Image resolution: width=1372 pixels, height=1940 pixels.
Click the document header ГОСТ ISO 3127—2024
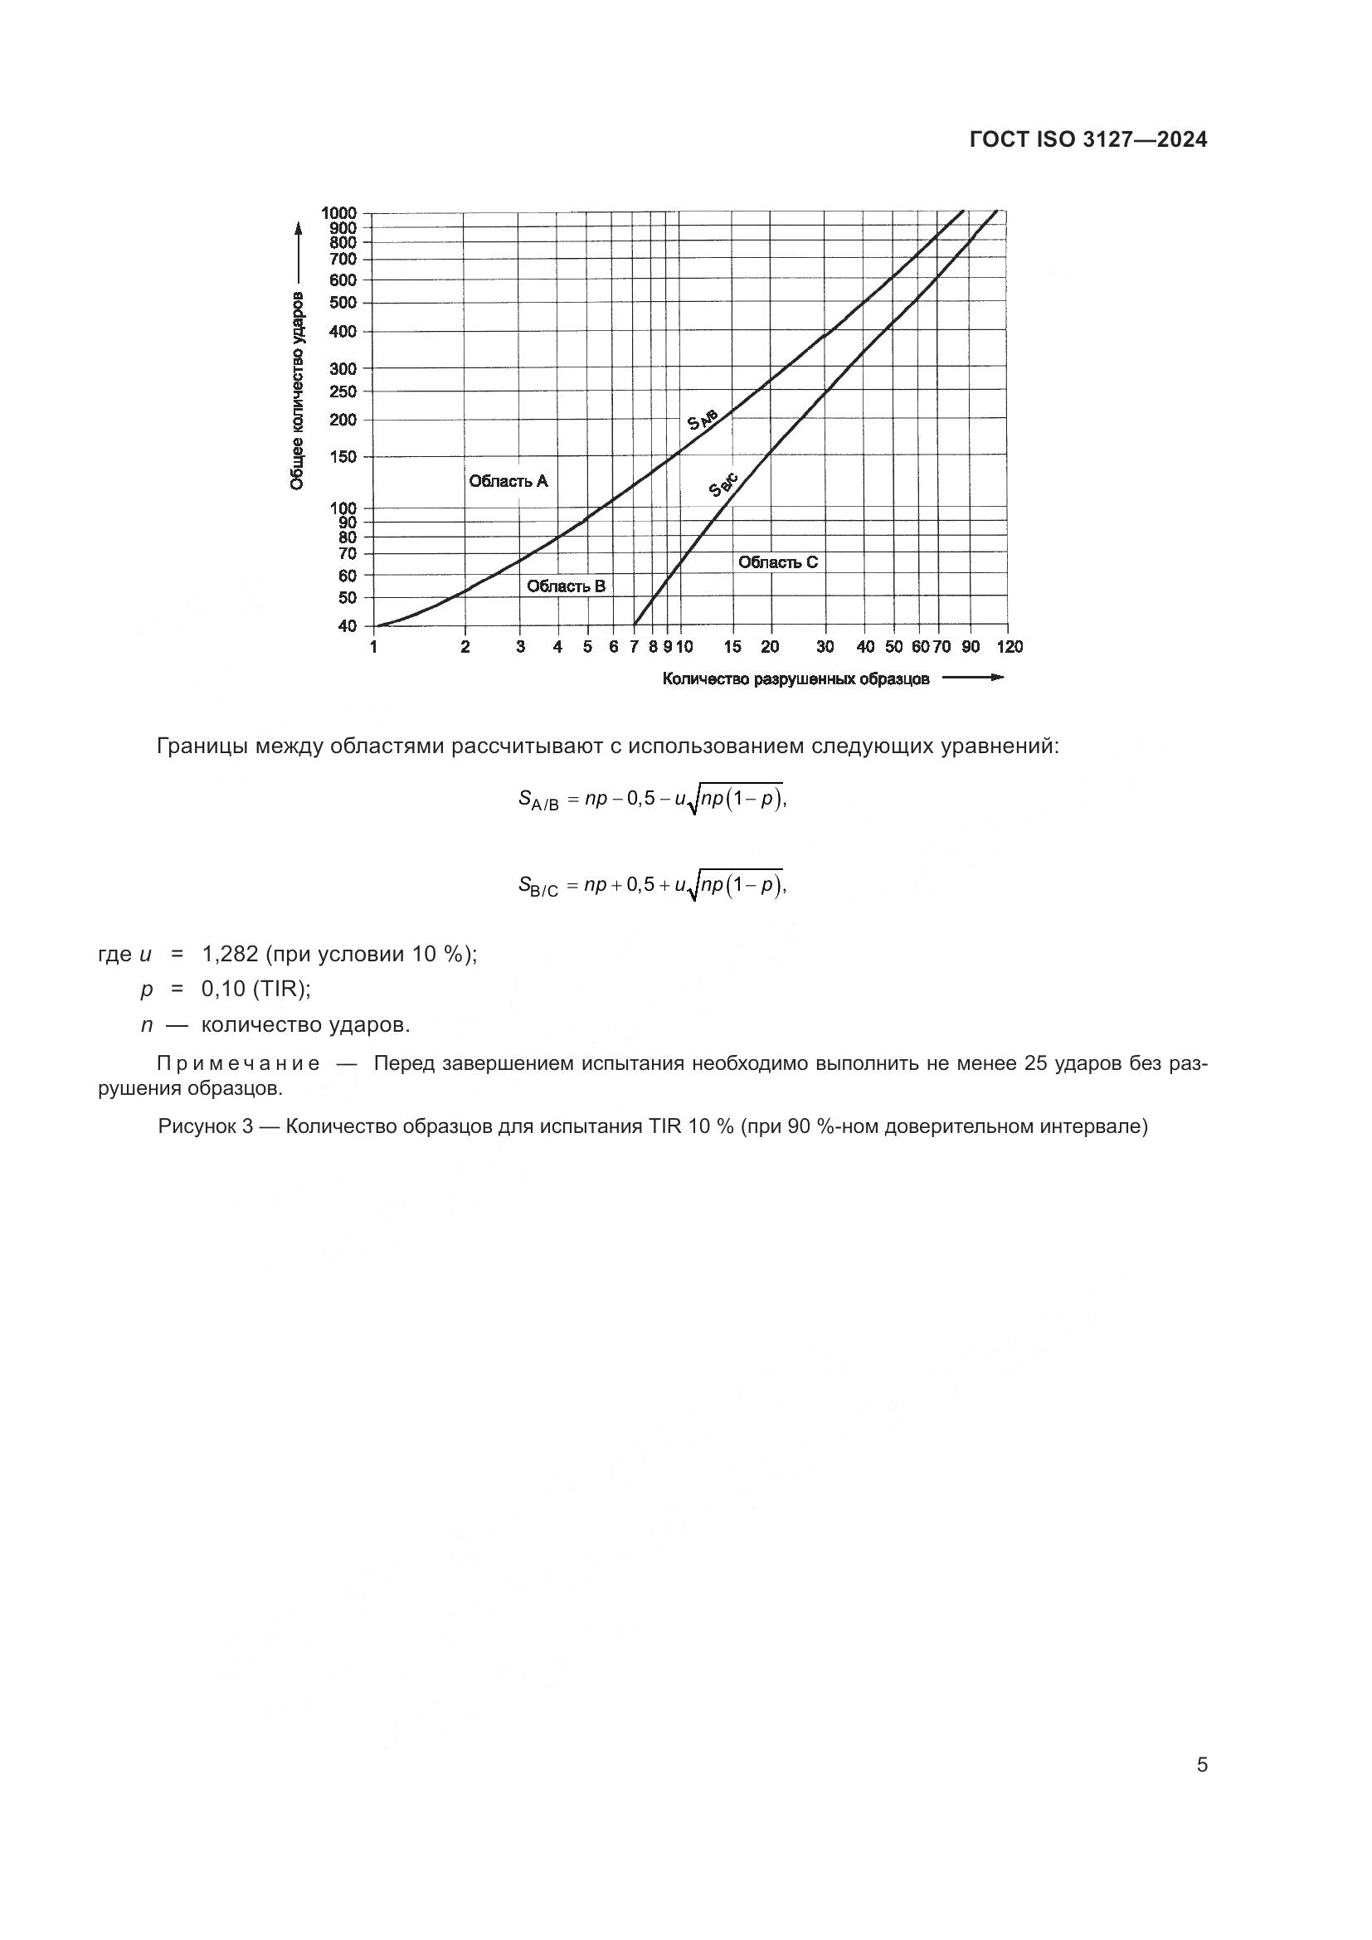click(1087, 140)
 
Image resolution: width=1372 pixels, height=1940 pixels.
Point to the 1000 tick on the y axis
click(338, 213)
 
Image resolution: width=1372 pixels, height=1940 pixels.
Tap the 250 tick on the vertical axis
click(343, 391)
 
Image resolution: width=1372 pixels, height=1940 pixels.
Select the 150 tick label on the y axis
click(343, 457)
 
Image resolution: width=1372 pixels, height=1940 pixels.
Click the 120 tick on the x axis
click(1010, 647)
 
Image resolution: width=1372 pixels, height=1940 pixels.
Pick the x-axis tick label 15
click(732, 647)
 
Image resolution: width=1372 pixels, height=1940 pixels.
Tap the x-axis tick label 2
click(465, 647)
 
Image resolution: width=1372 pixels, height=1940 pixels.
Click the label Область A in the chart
click(508, 482)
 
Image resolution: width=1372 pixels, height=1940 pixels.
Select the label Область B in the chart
click(566, 586)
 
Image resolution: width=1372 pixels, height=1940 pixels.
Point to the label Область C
click(777, 562)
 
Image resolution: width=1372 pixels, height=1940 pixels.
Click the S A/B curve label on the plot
click(702, 418)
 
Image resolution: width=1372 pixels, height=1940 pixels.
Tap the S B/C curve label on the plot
click(724, 485)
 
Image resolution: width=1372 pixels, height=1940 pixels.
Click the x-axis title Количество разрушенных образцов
click(795, 679)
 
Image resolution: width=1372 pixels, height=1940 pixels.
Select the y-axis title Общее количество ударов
click(298, 392)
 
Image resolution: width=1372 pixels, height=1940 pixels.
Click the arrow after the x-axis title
click(972, 678)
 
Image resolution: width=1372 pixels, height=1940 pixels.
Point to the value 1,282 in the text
click(229, 955)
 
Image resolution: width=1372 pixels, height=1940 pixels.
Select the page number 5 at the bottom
click(1201, 1765)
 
